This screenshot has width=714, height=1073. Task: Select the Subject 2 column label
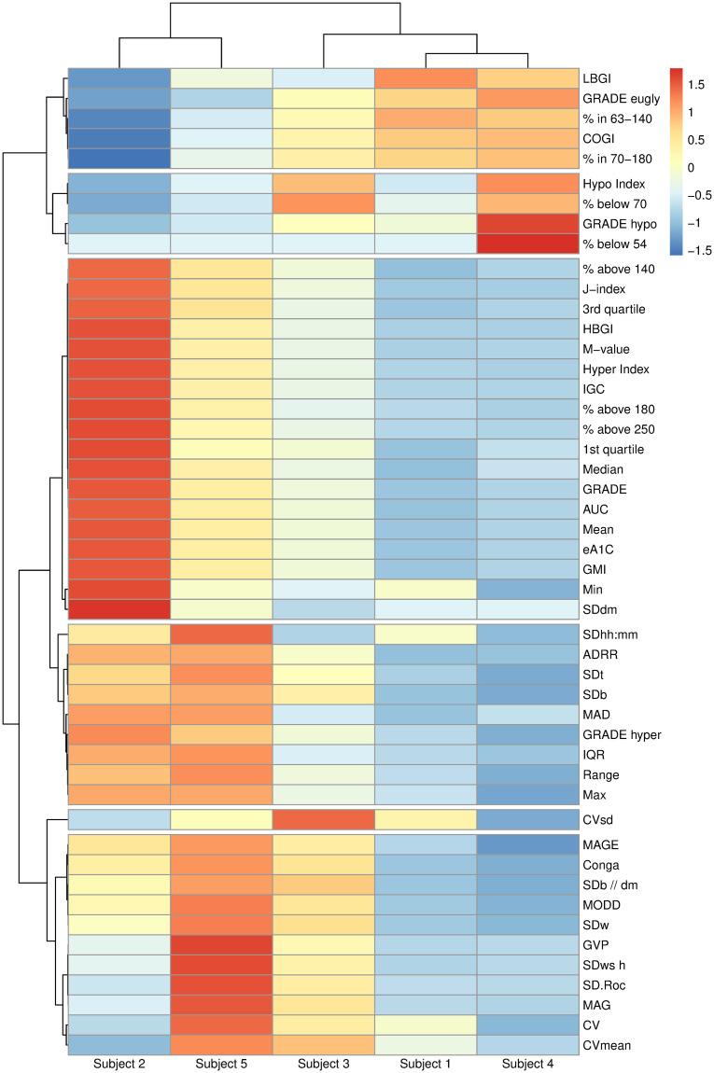(119, 1064)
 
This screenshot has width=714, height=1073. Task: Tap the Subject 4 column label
(527, 1064)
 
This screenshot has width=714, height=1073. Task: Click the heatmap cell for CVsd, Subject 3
(323, 819)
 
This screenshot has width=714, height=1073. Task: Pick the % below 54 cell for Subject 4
(527, 244)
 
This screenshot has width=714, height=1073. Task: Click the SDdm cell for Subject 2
(119, 609)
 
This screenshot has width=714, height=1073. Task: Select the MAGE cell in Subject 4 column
(527, 844)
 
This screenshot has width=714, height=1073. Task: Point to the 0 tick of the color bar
(694, 167)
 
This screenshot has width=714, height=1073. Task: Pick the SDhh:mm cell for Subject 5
(221, 634)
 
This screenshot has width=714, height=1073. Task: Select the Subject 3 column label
(323, 1064)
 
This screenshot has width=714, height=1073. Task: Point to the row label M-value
(602, 349)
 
